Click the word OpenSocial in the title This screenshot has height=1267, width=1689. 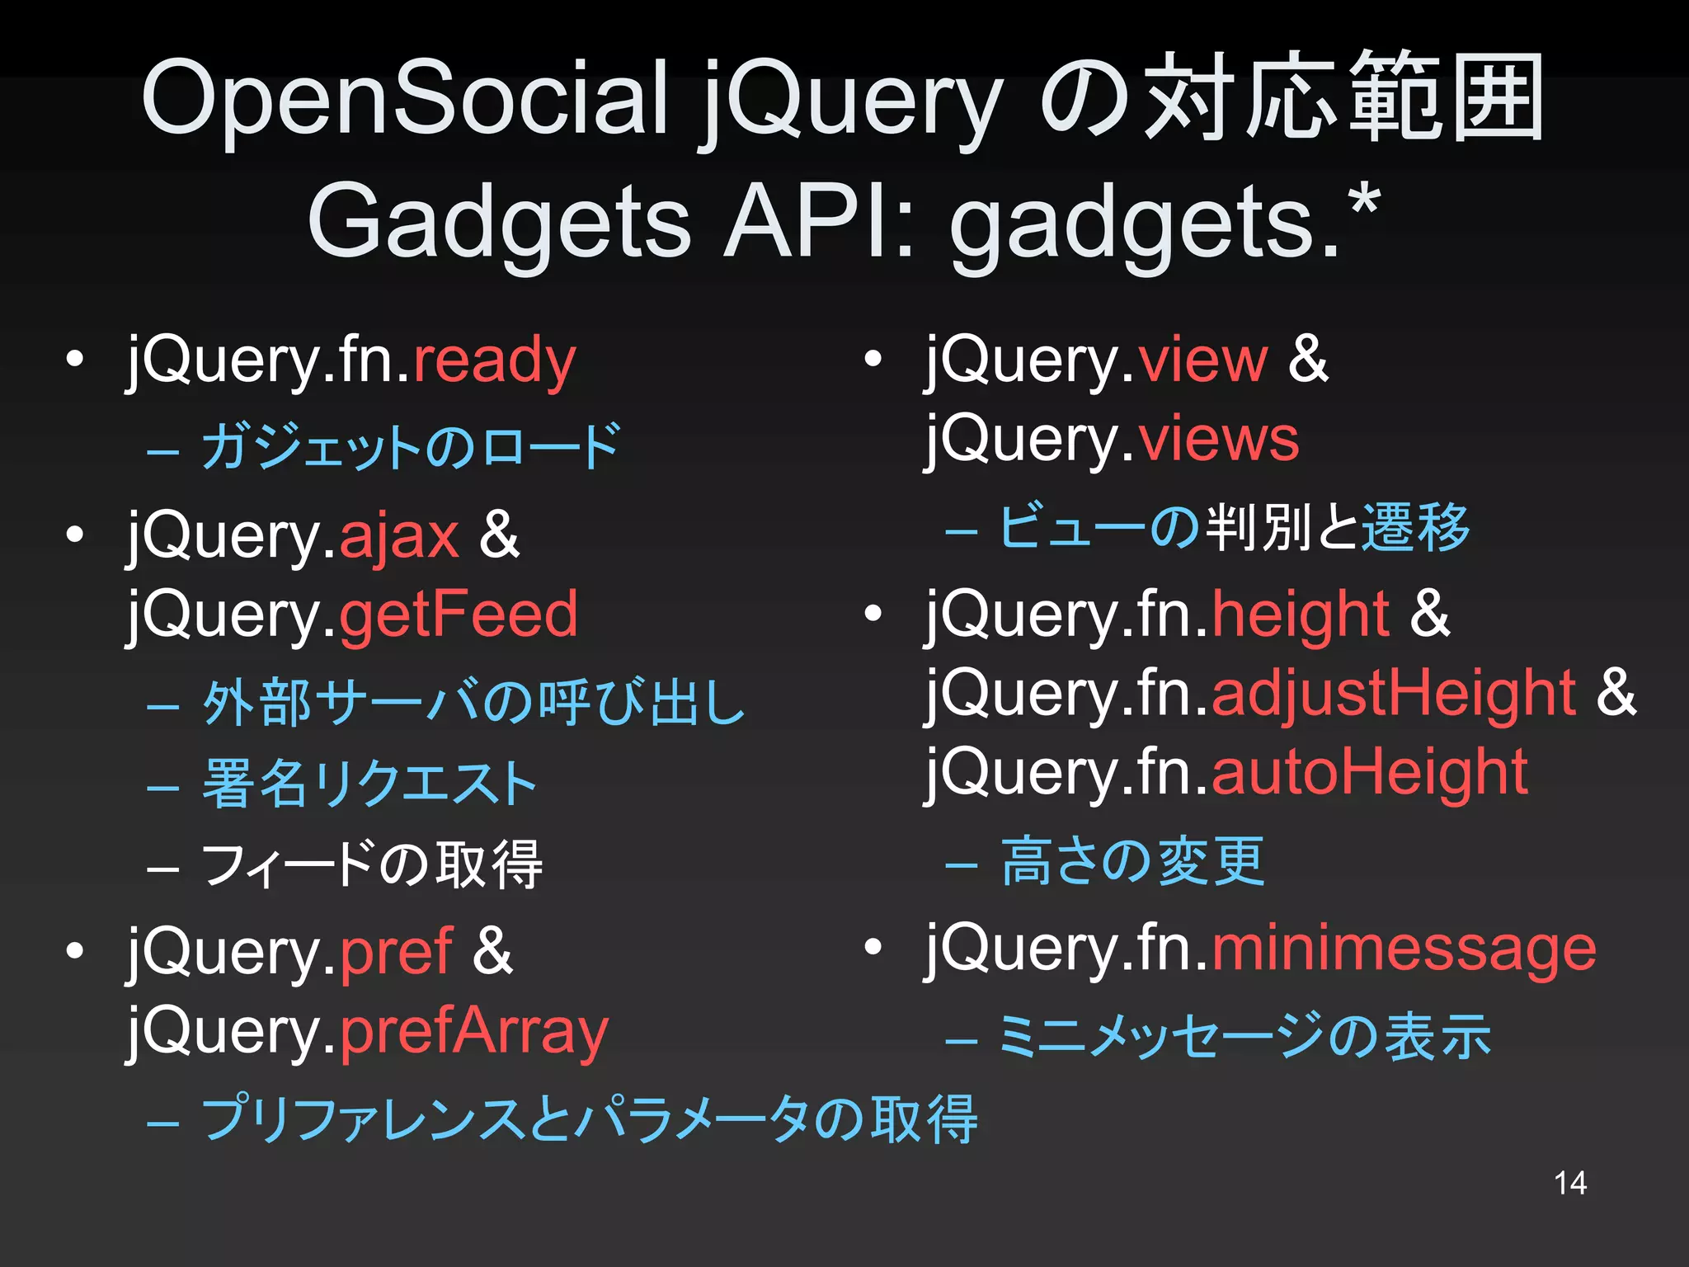[x=404, y=99]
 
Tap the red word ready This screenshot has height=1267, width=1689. [x=494, y=361]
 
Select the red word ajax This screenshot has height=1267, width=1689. [x=398, y=536]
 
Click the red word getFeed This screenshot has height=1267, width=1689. [x=459, y=615]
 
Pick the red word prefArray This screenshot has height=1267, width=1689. [x=473, y=1031]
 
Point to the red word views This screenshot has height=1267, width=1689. [x=1218, y=439]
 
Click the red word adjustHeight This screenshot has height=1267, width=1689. [x=1394, y=693]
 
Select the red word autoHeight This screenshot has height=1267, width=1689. [x=1369, y=772]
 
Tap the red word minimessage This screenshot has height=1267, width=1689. [x=1404, y=949]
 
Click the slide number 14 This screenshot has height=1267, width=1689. [x=1569, y=1183]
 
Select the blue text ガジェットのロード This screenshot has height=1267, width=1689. [x=410, y=447]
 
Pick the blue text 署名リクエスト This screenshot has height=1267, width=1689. [x=369, y=784]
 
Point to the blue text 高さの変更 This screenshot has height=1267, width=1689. [x=1131, y=861]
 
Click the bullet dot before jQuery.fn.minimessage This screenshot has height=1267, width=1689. [x=873, y=948]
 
